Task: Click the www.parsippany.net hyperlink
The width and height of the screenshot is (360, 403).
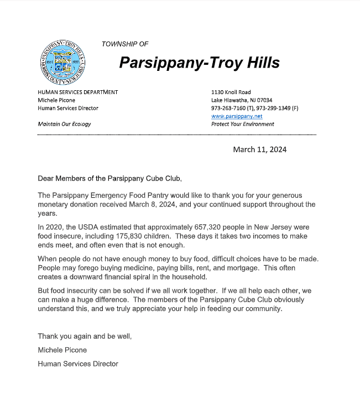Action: pos(237,116)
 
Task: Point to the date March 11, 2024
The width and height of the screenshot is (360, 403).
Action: pos(260,149)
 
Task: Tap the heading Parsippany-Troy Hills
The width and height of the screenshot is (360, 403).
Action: pos(199,63)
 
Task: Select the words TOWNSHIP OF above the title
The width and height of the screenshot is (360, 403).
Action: pos(125,44)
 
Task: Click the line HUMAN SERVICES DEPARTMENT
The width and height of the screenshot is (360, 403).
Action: pos(77,92)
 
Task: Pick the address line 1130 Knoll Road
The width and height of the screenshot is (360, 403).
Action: pos(231,92)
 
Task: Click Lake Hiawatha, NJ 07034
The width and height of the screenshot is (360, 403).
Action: pos(242,100)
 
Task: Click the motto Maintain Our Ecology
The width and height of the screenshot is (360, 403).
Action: pos(64,124)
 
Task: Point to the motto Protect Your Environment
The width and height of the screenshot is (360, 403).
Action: pos(242,124)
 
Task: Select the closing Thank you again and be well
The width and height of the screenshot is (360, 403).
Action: pos(85,336)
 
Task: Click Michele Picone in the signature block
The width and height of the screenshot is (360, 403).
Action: pos(62,350)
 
